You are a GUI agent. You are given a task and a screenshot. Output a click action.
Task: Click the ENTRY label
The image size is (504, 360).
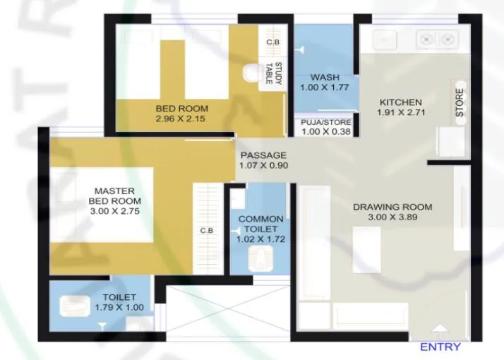[440, 347]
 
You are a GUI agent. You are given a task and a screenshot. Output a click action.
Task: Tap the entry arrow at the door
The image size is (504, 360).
[440, 329]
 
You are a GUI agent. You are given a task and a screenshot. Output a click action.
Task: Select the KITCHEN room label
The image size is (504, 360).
[400, 102]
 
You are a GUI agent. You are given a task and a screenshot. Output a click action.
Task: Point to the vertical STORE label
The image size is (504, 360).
[460, 103]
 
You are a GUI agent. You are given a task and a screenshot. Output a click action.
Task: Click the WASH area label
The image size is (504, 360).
[325, 77]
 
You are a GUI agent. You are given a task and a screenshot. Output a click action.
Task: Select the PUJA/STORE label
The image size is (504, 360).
[325, 121]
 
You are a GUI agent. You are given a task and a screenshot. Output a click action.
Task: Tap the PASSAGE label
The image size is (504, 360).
[263, 155]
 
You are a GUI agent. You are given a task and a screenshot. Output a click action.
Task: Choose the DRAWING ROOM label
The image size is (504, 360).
[392, 207]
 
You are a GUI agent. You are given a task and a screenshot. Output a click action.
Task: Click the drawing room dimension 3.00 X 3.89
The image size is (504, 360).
[392, 217]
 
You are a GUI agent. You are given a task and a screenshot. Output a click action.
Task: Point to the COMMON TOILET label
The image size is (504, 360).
[260, 224]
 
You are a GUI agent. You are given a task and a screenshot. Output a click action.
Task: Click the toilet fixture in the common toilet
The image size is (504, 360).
[262, 259]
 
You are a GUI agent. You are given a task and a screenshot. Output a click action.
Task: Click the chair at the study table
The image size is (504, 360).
[251, 73]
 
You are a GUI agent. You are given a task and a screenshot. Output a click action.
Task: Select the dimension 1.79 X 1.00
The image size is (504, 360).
[119, 308]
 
